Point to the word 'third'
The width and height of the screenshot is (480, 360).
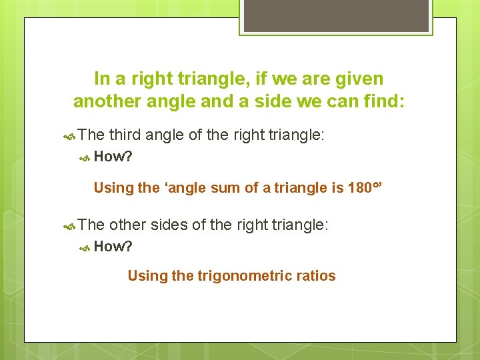click(125, 135)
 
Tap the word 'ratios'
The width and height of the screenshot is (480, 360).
click(315, 275)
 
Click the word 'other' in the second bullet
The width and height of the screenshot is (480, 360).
click(127, 225)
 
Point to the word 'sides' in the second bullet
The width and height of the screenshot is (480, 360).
click(169, 225)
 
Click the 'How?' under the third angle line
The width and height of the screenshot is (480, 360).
click(113, 157)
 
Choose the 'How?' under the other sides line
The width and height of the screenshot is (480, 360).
click(113, 247)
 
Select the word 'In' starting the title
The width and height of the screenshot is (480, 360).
click(102, 79)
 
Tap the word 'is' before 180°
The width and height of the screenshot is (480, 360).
click(337, 187)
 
